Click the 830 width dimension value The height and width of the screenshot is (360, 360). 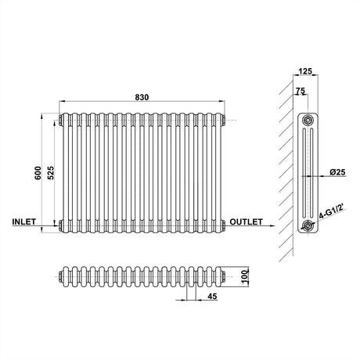(142, 96)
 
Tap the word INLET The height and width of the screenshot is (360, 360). (24, 223)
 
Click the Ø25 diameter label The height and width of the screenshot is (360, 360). (338, 171)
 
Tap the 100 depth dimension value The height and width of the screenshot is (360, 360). (243, 275)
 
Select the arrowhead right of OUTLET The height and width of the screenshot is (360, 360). (272, 227)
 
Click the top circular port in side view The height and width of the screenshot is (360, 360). (308, 120)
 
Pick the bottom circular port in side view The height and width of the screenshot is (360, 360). (308, 227)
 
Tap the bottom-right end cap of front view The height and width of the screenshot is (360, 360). (225, 227)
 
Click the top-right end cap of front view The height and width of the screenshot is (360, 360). (225, 120)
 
